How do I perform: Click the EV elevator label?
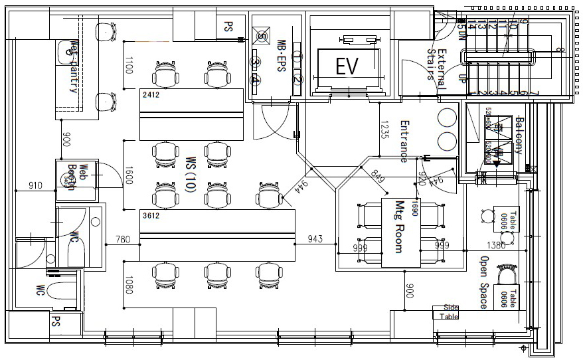347,66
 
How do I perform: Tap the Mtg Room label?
400,226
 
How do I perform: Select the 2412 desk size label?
151,95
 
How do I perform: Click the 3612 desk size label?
151,215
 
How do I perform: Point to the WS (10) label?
190,175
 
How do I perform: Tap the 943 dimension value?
315,238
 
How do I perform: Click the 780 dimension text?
123,238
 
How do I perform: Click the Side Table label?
450,312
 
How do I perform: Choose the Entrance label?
403,141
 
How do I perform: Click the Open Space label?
484,282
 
